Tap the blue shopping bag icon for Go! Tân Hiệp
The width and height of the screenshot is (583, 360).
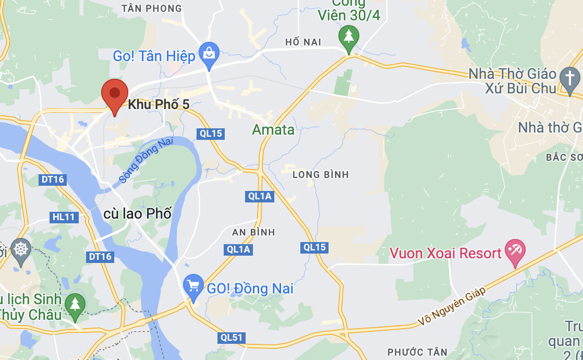tap(209, 54)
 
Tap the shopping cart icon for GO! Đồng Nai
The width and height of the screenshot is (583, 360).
tap(193, 286)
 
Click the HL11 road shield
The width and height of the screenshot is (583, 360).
tap(64, 217)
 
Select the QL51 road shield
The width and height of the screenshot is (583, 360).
tap(232, 338)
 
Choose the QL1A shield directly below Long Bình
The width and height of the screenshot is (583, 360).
tap(260, 196)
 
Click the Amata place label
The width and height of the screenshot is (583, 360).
tap(273, 129)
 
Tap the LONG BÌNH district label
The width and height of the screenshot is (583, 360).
tap(320, 174)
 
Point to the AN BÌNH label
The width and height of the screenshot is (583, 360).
tap(254, 232)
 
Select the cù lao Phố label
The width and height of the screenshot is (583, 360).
tap(137, 213)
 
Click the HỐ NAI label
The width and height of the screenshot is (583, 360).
tap(303, 42)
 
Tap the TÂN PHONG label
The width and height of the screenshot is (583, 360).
tap(151, 8)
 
